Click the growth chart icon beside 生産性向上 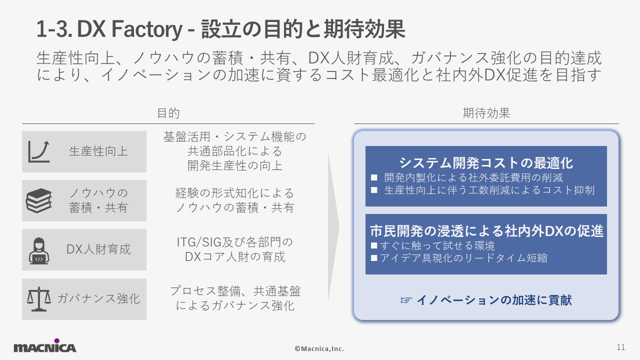coord(39,151)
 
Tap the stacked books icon coord(39,200)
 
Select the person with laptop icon coord(39,251)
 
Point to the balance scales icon coord(39,299)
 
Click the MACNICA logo coord(45,345)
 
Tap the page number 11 coord(621,347)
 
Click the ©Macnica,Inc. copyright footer coord(319,349)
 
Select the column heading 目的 coord(168,113)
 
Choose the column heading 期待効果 coord(486,113)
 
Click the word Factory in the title coord(146,29)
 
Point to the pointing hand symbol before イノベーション coord(406,300)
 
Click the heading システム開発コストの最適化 coord(486,163)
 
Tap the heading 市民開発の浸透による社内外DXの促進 coord(486,231)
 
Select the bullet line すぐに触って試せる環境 coord(432,245)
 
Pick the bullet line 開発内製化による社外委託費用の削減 coord(467,177)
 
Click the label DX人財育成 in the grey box coord(98,249)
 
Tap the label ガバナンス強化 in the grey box coord(98,299)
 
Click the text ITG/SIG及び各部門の coord(235,242)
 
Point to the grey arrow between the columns coord(333,226)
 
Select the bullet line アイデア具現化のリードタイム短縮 coord(459,258)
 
